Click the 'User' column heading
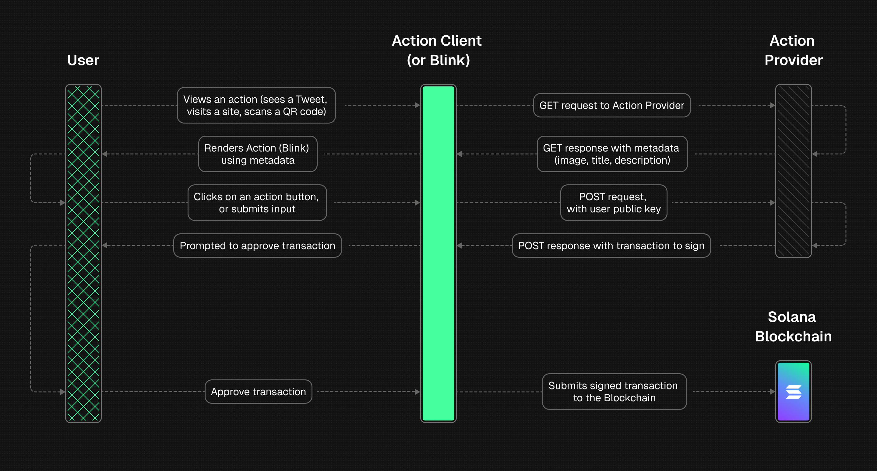pyautogui.click(x=83, y=60)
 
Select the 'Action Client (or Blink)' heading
pyautogui.click(x=437, y=50)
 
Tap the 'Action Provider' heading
pyautogui.click(x=793, y=50)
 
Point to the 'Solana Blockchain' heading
pyautogui.click(x=793, y=326)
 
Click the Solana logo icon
pyautogui.click(x=793, y=392)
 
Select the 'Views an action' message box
pyautogui.click(x=256, y=105)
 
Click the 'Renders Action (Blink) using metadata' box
pyautogui.click(x=257, y=154)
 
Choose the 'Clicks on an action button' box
pyautogui.click(x=257, y=203)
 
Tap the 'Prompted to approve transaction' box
pyautogui.click(x=257, y=246)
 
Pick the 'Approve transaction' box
pyautogui.click(x=259, y=392)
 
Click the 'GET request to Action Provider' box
pyautogui.click(x=611, y=105)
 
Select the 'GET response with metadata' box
pyautogui.click(x=612, y=154)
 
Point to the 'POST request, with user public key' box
pyautogui.click(x=614, y=203)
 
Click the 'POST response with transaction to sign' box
pyautogui.click(x=611, y=246)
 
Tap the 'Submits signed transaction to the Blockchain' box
pyautogui.click(x=614, y=392)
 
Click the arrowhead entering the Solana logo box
pyautogui.click(x=773, y=392)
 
